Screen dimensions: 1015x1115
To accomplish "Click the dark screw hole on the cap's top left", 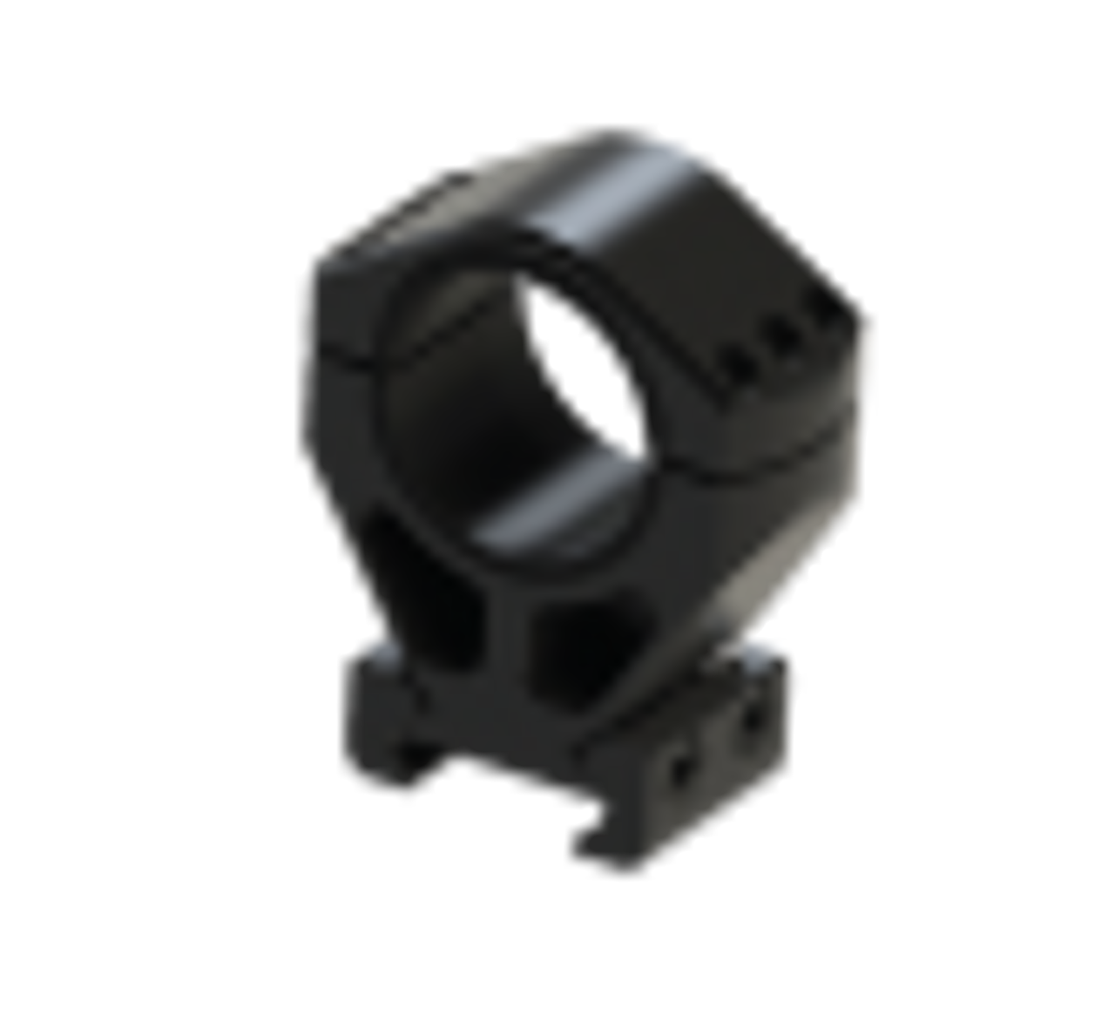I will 453,174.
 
